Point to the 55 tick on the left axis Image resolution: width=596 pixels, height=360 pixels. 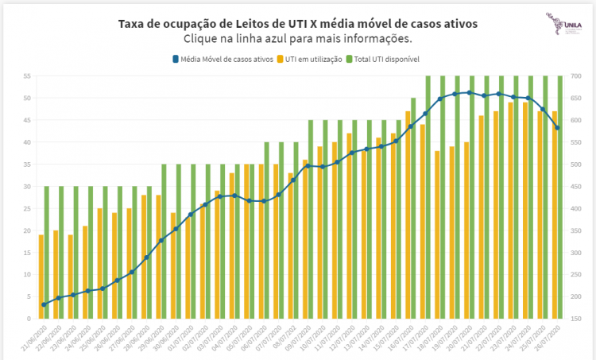click(26, 76)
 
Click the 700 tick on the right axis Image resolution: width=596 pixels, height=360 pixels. click(576, 76)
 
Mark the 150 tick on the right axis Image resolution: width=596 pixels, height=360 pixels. click(576, 319)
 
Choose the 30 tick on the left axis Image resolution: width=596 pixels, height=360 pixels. click(26, 187)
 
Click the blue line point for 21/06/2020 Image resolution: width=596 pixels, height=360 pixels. click(44, 304)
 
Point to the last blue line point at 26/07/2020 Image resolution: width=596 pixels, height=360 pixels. click(558, 128)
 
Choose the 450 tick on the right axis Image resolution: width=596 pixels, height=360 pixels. click(576, 187)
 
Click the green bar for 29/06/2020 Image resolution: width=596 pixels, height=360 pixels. click(164, 242)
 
